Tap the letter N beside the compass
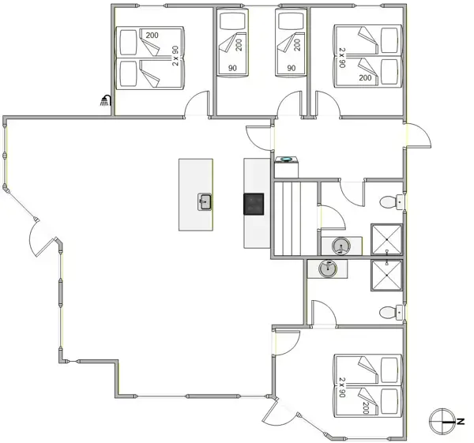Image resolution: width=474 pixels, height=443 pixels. coord(461,422)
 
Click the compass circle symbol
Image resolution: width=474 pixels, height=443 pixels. coord(442,421)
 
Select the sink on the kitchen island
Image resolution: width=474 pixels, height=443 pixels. coord(205,201)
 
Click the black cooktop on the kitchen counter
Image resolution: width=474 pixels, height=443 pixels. coord(254,204)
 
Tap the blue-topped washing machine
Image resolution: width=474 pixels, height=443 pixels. coord(286,167)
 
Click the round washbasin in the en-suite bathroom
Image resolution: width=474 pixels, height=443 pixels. coord(328,268)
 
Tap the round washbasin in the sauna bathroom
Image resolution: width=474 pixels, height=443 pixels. coord(341,246)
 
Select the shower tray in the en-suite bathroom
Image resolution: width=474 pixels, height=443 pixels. coord(386,275)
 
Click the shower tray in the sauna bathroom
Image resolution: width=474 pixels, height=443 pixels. coord(386,239)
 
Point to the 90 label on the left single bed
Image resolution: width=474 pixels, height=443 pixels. coord(232,68)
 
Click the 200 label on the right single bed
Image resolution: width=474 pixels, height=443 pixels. coord(297,45)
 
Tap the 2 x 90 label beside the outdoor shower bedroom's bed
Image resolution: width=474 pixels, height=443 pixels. coord(175,56)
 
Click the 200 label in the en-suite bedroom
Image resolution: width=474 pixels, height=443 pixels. coord(366,408)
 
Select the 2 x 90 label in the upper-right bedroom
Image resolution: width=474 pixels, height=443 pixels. coord(342,58)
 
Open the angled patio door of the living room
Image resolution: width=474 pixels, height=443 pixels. coord(43,238)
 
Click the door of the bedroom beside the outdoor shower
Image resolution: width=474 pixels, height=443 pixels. coord(197,103)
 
